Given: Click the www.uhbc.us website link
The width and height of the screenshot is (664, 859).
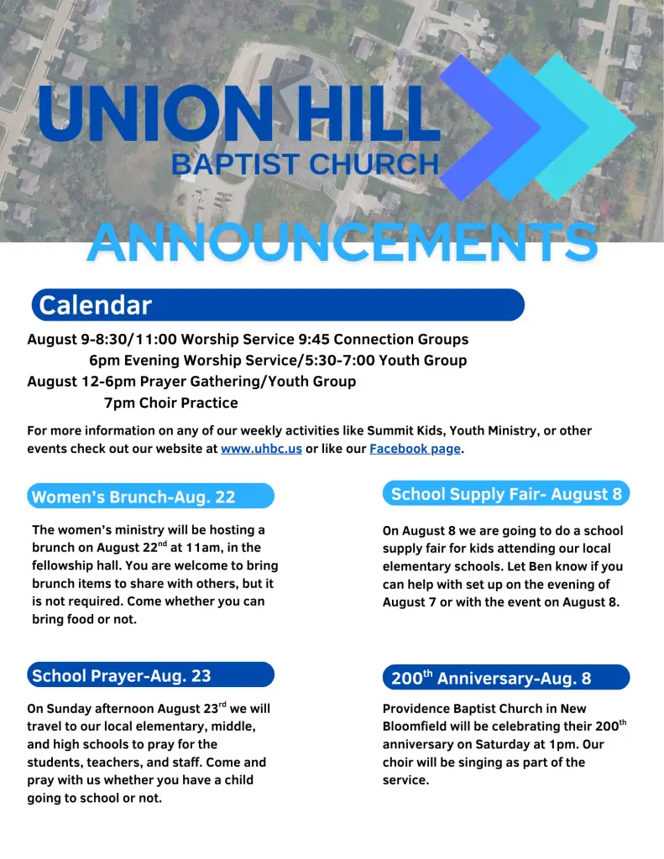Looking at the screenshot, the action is (x=262, y=449).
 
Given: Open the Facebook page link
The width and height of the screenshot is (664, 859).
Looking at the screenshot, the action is (x=415, y=449).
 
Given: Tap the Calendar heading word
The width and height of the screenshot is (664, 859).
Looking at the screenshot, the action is (x=95, y=305).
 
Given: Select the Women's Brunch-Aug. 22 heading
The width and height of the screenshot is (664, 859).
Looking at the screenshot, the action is (x=133, y=497).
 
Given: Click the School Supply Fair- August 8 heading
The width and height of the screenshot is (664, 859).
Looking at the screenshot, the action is (x=506, y=494).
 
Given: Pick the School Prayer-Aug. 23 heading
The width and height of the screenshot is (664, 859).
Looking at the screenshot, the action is (x=121, y=675).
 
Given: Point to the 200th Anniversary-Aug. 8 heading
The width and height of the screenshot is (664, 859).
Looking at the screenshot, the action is (x=491, y=678).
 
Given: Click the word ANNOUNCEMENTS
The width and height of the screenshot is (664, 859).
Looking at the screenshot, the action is (x=342, y=242).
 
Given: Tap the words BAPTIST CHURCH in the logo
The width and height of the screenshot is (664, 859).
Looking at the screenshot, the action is (x=306, y=164).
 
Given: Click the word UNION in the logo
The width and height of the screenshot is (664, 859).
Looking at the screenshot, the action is (x=156, y=113).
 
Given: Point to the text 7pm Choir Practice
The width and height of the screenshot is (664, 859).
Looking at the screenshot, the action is (x=171, y=403).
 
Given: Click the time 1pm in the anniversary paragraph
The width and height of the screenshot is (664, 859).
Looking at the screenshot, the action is (x=562, y=745).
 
